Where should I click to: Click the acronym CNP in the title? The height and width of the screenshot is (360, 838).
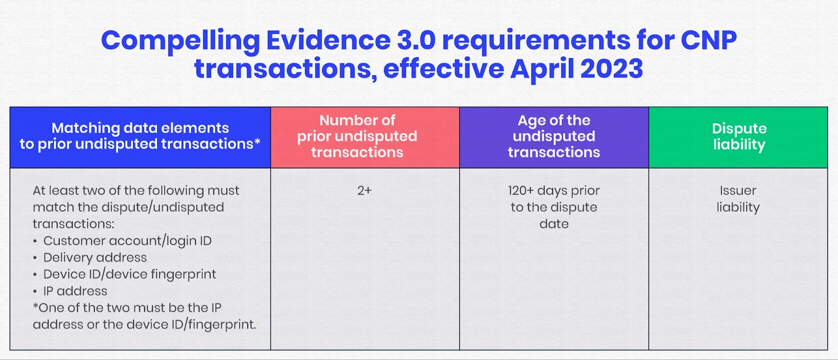(709, 40)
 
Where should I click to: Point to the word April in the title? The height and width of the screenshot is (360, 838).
(542, 69)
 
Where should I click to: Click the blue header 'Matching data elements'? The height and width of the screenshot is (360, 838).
(140, 136)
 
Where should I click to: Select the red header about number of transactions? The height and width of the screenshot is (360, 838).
(357, 136)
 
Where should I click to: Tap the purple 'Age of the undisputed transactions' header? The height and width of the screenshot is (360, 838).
(554, 136)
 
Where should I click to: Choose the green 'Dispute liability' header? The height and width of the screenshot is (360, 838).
(738, 136)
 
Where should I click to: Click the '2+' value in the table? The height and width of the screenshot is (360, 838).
(365, 191)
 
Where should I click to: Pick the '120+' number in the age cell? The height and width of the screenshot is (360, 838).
(521, 191)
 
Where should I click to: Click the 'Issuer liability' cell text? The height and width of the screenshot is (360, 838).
(738, 199)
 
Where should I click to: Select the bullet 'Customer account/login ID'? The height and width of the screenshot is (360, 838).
(127, 241)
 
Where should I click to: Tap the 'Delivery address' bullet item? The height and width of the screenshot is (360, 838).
(95, 257)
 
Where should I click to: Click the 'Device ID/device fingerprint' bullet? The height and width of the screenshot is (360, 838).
(129, 274)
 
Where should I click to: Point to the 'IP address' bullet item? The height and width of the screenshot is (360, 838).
(75, 291)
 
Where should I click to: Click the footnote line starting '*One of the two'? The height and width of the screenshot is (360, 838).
(127, 308)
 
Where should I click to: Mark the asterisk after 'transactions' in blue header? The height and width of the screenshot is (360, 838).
(257, 141)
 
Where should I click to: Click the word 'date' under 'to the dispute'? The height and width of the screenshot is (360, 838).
(554, 224)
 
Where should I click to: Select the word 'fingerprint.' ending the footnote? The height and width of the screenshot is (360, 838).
(222, 325)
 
